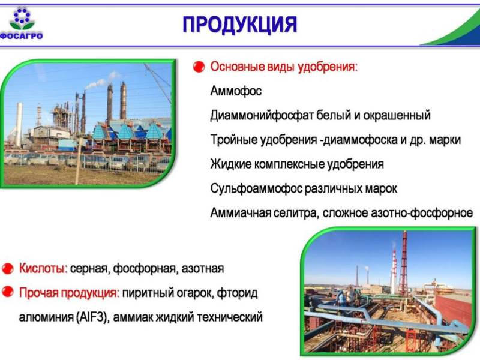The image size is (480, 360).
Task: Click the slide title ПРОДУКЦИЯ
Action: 239,25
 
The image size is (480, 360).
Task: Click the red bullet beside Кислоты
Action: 8,268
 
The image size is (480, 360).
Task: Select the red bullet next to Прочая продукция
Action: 8,293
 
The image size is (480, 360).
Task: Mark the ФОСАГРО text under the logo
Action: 22,36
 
